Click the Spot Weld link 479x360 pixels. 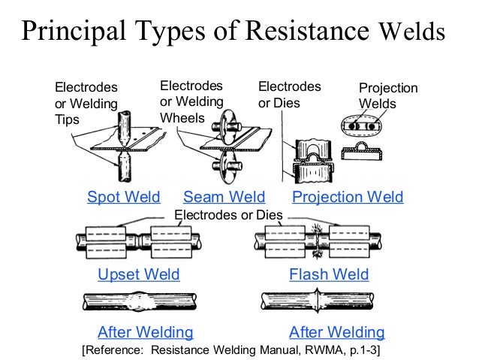point(124,198)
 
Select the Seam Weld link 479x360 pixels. point(224,198)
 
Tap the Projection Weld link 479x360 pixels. point(348,198)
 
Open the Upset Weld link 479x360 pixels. point(139,274)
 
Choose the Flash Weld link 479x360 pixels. point(329,274)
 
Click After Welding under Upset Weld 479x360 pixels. point(146,332)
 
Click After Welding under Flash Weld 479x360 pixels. point(337,332)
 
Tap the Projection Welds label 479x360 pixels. point(388,96)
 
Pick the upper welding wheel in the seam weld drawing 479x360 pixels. point(225,126)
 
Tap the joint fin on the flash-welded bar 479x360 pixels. point(321,304)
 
